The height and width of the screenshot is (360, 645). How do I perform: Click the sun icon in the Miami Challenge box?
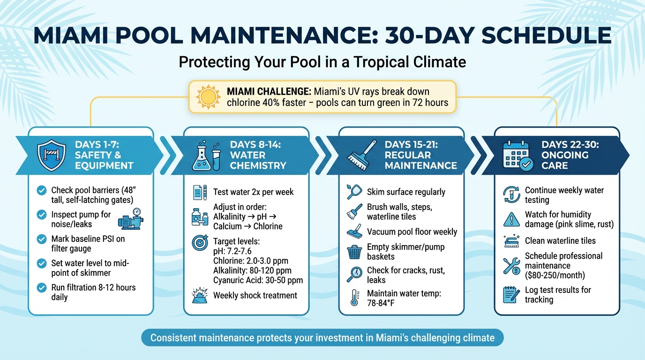pos(208,97)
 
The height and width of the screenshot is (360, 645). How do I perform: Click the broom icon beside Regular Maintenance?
pos(361,155)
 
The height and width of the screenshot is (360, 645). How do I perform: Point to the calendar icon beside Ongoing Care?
pos(517,155)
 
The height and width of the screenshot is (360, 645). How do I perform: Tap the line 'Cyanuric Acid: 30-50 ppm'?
pos(258,280)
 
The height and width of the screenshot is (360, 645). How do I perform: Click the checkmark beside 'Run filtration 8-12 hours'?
pos(42,287)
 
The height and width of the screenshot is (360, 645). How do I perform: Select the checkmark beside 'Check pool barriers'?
pos(42,190)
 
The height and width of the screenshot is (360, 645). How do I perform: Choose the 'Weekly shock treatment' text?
pos(255,295)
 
